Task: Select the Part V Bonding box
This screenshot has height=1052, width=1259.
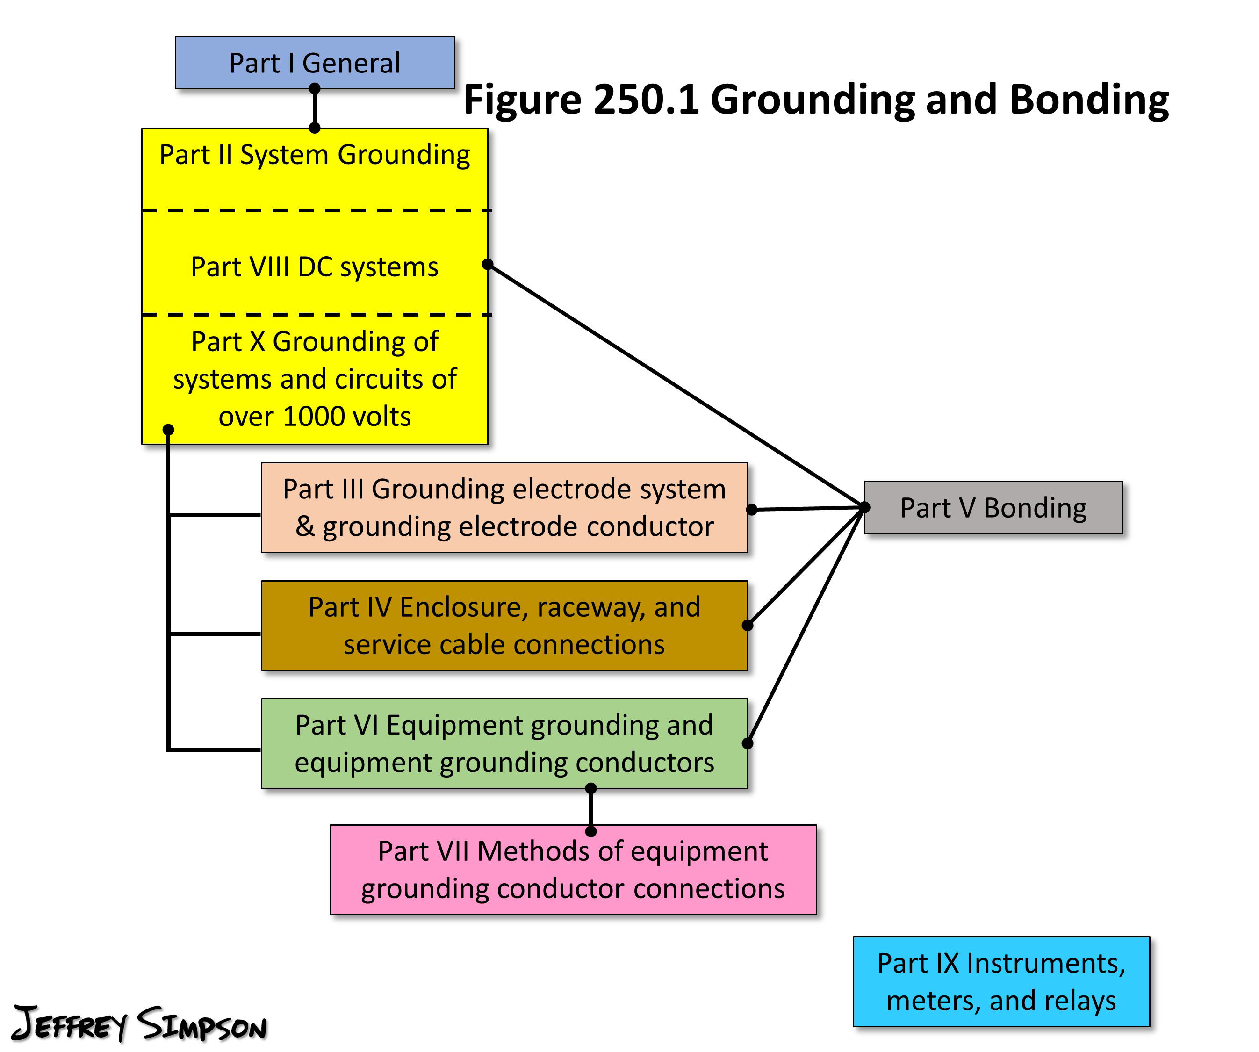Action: coord(993,508)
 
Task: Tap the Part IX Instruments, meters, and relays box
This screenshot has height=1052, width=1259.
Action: coord(1001,981)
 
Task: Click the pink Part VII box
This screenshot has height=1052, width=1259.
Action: coord(573,870)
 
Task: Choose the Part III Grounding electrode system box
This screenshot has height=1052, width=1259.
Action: coord(504,508)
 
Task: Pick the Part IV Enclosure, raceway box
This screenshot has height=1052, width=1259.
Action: coord(504,625)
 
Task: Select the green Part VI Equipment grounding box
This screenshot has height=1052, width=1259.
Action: coord(504,743)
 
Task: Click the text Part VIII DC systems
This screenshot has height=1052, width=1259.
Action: coord(315,267)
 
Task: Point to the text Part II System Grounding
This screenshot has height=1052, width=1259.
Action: coord(315,155)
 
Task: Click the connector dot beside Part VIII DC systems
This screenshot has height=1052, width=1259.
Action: coord(488,264)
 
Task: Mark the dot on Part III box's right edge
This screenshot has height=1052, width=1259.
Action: coord(752,510)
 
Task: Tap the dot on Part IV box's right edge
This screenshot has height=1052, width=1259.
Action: coord(748,625)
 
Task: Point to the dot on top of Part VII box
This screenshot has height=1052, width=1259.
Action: coord(590,831)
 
